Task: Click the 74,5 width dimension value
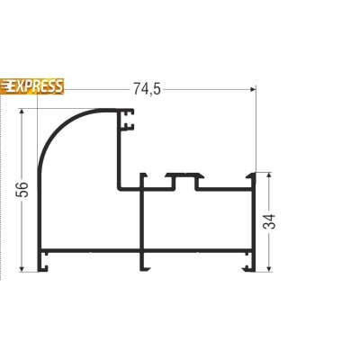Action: tap(147, 89)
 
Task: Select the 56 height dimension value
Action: tap(22, 189)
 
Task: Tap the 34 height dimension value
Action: tap(269, 221)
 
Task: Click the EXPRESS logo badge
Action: tap(31, 86)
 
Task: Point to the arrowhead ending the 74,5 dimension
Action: tap(253, 89)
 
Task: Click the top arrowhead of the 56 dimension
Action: tap(22, 112)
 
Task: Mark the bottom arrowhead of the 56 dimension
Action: tap(22, 268)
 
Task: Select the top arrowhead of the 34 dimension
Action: tap(269, 175)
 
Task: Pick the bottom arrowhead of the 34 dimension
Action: tap(269, 268)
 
